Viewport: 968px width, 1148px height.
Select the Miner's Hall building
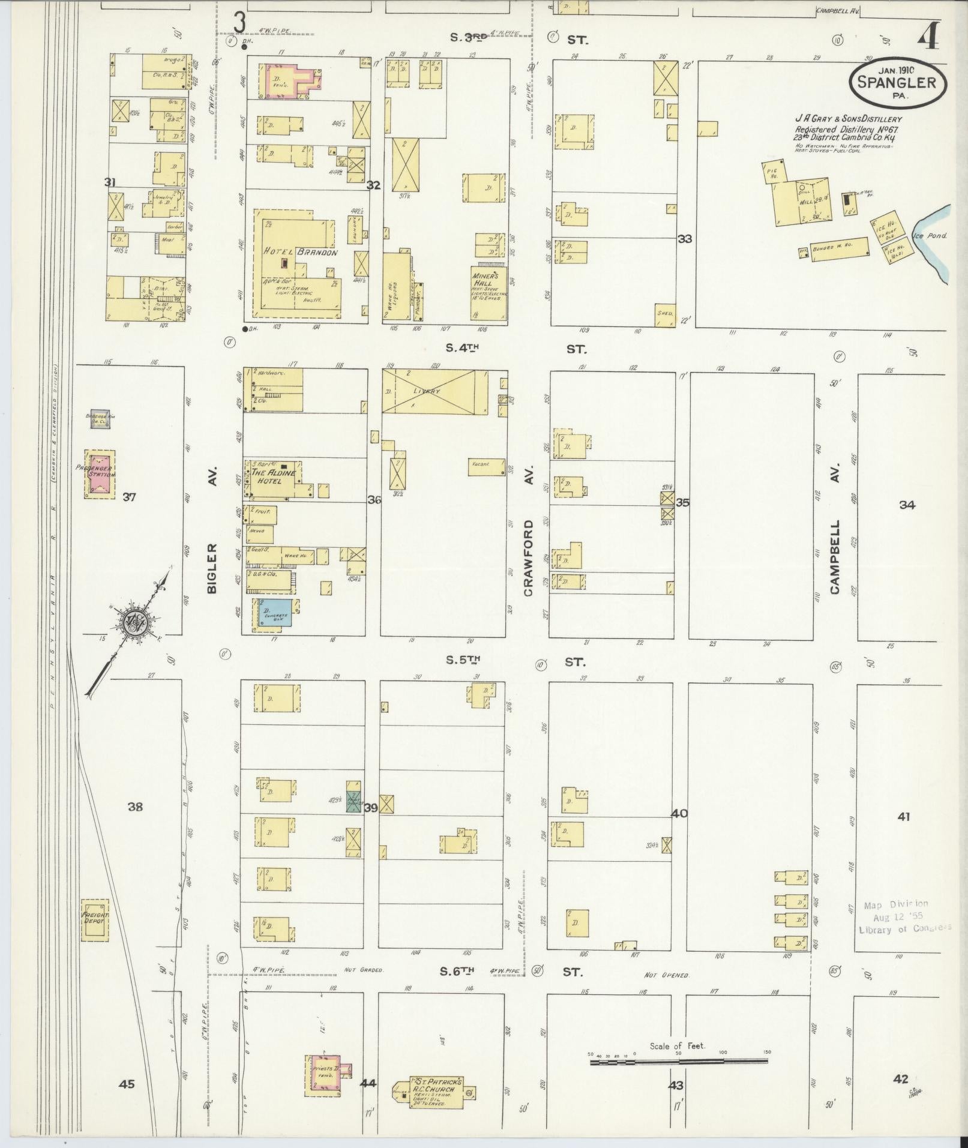pyautogui.click(x=489, y=291)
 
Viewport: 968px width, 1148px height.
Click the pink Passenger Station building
pyautogui.click(x=100, y=474)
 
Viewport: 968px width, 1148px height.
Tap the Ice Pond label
pyautogui.click(x=930, y=236)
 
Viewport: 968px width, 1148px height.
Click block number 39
pyautogui.click(x=371, y=808)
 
